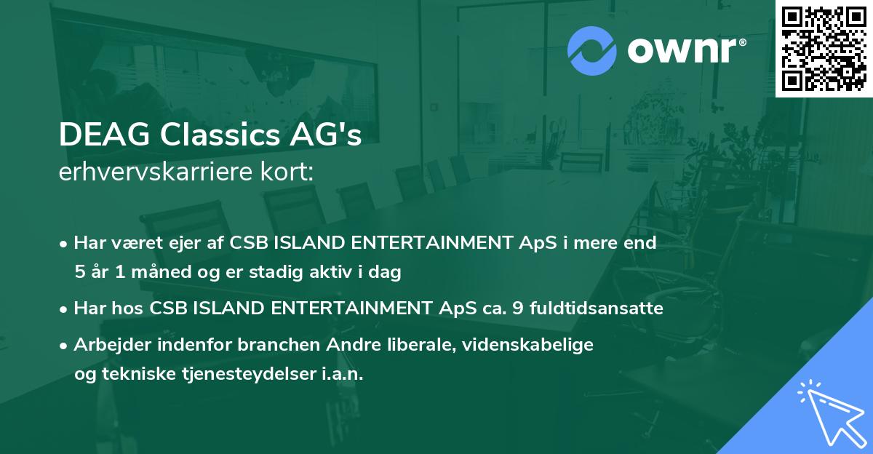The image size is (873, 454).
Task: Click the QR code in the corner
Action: (x=824, y=49)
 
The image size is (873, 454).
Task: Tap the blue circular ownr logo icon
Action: (x=591, y=51)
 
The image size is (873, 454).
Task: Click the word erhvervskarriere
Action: (x=154, y=173)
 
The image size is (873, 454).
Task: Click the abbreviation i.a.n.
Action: (x=342, y=374)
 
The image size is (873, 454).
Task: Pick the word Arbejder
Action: (x=107, y=345)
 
